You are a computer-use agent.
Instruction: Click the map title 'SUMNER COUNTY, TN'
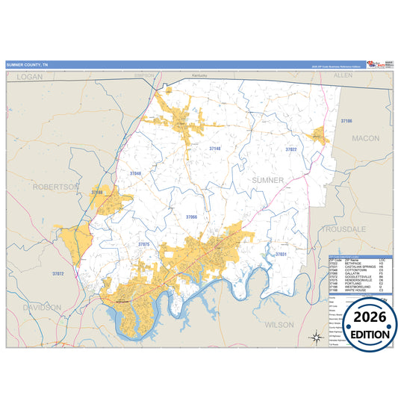coord(27,65)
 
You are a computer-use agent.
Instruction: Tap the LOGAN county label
coord(31,77)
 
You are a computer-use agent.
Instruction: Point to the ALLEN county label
coord(343,76)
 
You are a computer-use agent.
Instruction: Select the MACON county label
coord(366,138)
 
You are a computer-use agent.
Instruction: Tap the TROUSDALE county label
coord(342,229)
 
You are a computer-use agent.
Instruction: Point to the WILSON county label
coord(279,325)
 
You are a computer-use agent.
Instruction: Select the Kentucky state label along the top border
coord(199,76)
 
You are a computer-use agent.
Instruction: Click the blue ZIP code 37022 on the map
coord(290,149)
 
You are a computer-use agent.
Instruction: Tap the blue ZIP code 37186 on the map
coord(346,120)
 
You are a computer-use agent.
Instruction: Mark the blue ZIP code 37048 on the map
coord(135,173)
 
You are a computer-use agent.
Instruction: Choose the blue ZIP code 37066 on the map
coord(192,217)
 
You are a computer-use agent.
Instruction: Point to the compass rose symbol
coord(315,337)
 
